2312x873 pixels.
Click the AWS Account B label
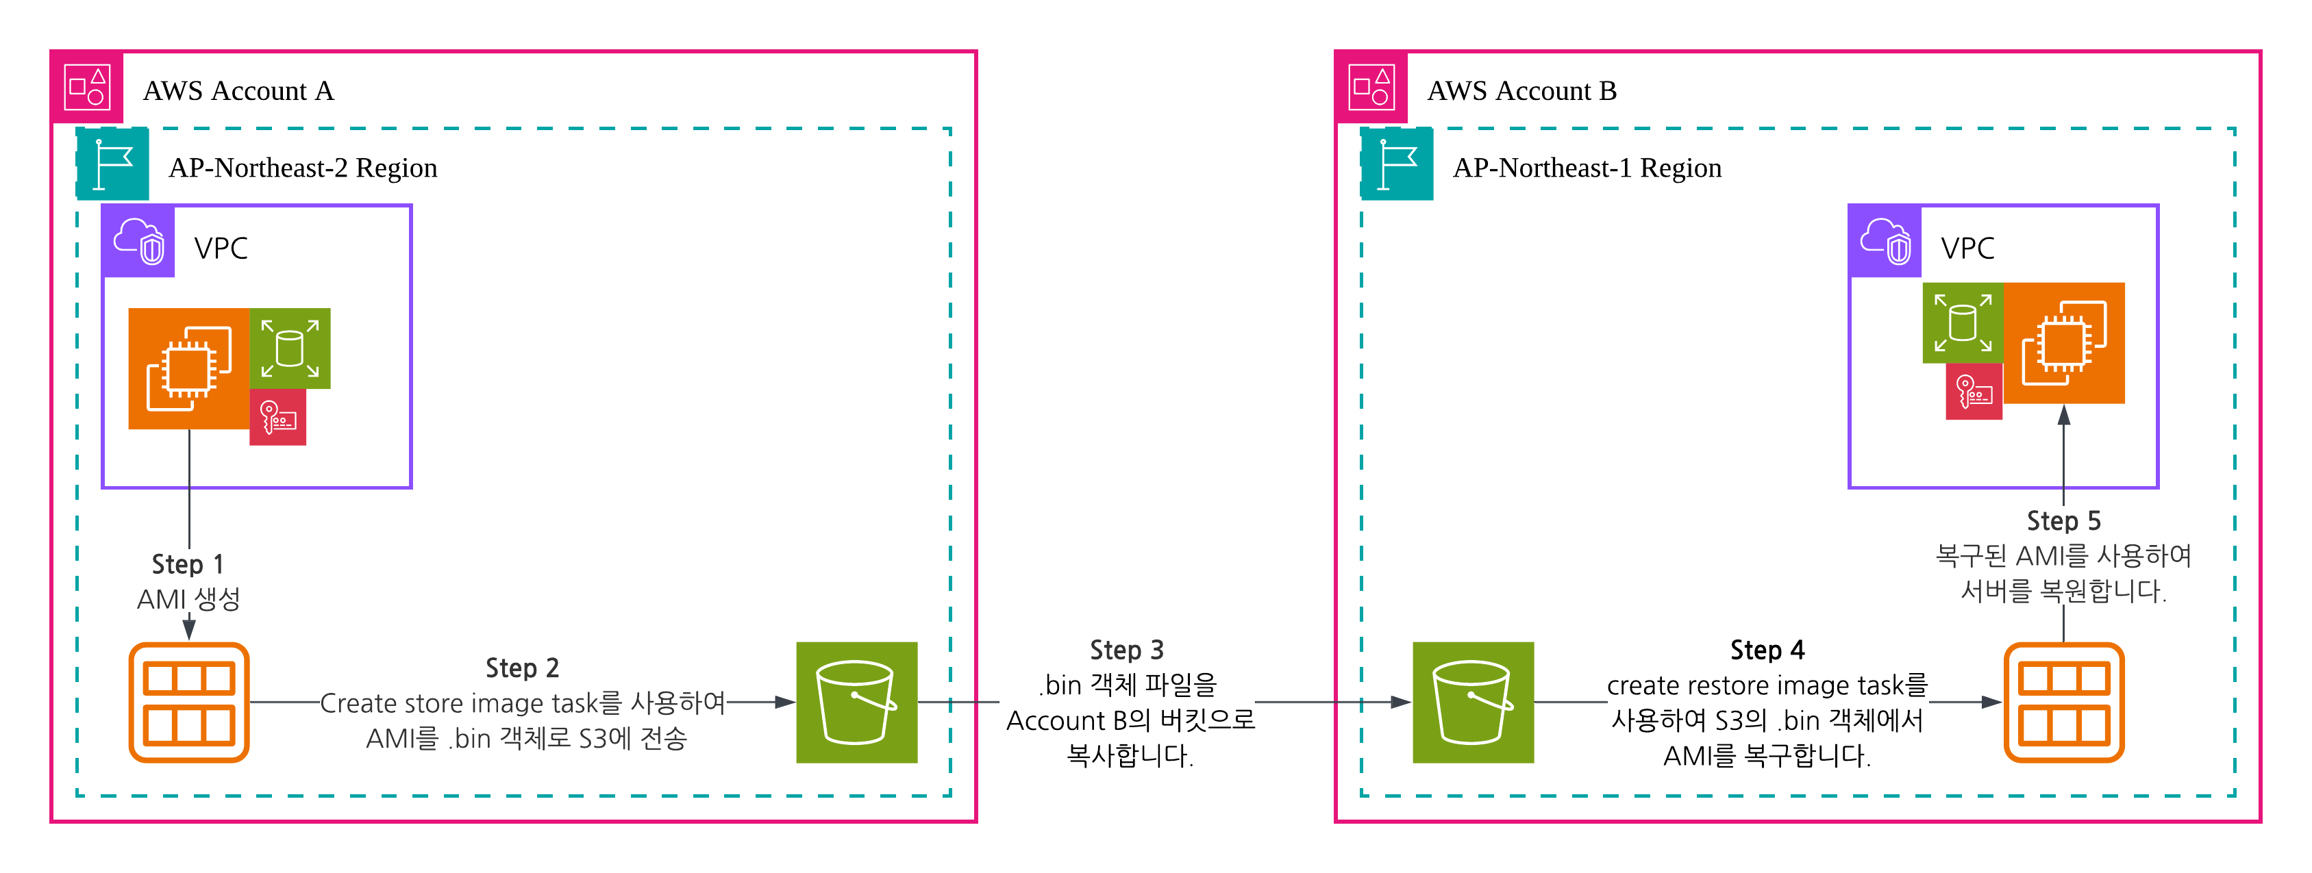pyautogui.click(x=1521, y=90)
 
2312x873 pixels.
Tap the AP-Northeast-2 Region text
pyautogui.click(x=303, y=168)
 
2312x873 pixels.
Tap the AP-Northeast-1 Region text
pyautogui.click(x=1587, y=168)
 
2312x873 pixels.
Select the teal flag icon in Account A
pyautogui.click(x=112, y=164)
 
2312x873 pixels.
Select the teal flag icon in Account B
pyautogui.click(x=1397, y=164)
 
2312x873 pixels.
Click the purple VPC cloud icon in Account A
pyautogui.click(x=138, y=241)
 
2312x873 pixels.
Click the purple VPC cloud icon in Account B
pyautogui.click(x=1885, y=241)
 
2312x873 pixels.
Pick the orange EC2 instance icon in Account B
pyautogui.click(x=2063, y=343)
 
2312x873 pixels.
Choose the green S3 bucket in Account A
pyautogui.click(x=856, y=703)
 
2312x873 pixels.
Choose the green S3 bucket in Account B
pyautogui.click(x=1473, y=703)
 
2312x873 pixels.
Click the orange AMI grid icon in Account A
pyautogui.click(x=188, y=703)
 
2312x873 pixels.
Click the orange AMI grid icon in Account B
pyautogui.click(x=2063, y=703)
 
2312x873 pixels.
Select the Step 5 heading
pyautogui.click(x=2063, y=521)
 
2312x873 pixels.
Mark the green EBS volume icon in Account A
pyautogui.click(x=290, y=348)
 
